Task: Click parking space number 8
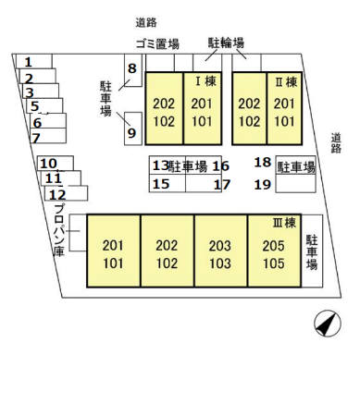tap(131, 68)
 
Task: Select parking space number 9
tap(131, 131)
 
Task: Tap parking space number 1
tap(28, 62)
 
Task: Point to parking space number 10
tap(49, 164)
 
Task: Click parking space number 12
tap(57, 194)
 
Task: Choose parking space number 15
tap(161, 184)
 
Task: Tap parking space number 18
tap(262, 164)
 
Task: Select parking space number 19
tap(262, 184)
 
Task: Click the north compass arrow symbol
tap(324, 324)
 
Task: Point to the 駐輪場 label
tap(226, 42)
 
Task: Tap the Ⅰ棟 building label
tap(205, 80)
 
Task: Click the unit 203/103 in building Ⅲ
tap(220, 253)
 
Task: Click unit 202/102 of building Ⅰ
tap(165, 112)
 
